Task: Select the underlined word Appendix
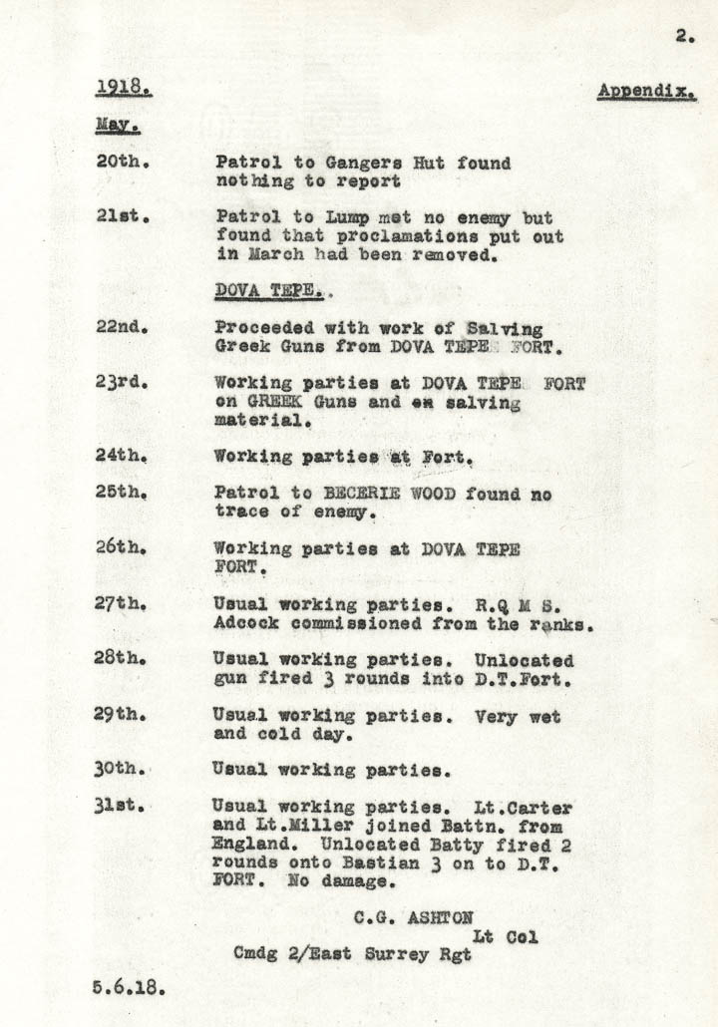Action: coord(646,92)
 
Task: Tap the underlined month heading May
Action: coord(117,126)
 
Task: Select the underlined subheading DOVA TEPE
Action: coord(269,291)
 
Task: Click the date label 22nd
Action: coord(122,328)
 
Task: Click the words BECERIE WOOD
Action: coord(377,494)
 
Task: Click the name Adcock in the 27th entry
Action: coord(248,623)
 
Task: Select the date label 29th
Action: coord(122,716)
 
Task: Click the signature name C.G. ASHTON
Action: coord(412,917)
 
